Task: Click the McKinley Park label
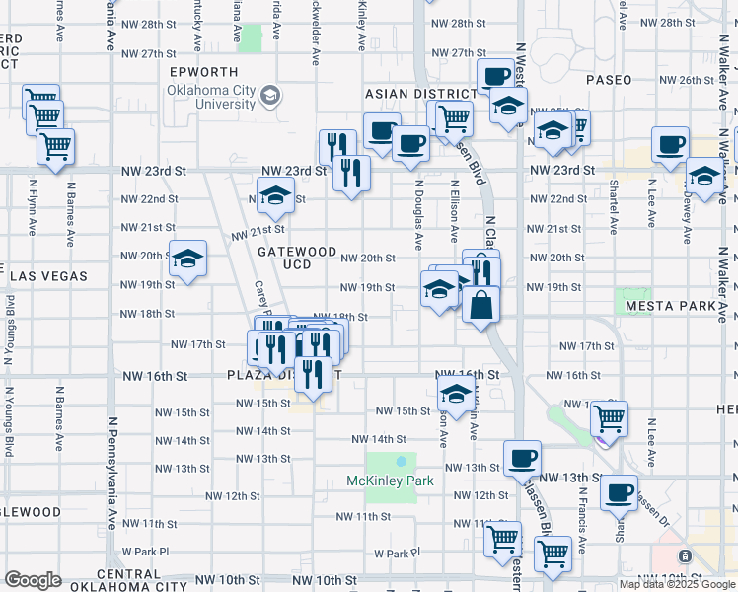click(x=390, y=481)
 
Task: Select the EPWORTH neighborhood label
click(x=204, y=72)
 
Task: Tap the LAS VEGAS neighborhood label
click(x=48, y=277)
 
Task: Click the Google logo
click(x=33, y=580)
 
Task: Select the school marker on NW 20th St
click(x=187, y=260)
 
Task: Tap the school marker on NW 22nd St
click(x=276, y=196)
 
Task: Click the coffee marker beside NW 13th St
click(x=522, y=459)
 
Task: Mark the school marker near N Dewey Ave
click(x=704, y=178)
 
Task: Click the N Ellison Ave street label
click(x=455, y=210)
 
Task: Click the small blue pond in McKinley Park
click(x=401, y=461)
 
